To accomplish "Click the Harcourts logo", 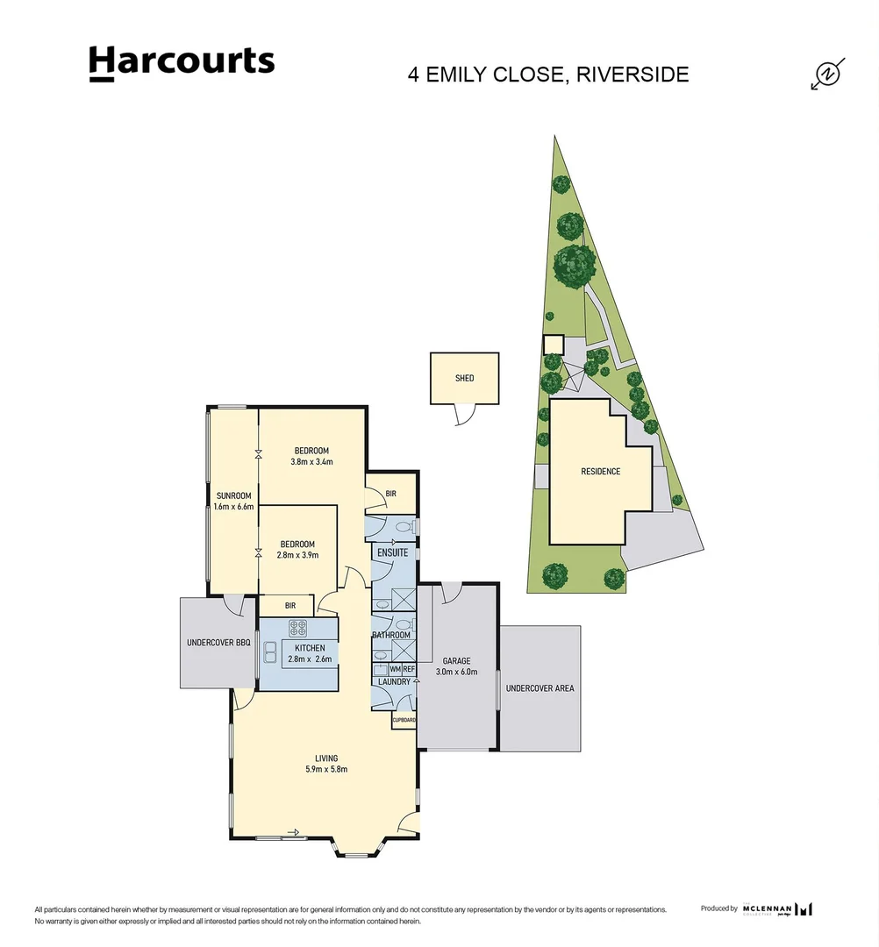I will [x=182, y=63].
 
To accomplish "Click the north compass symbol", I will [x=826, y=75].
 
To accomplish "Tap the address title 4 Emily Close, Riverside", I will [x=548, y=74].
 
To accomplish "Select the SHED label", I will [x=464, y=378].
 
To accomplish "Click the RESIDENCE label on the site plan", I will [x=600, y=472].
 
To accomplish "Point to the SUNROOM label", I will [x=233, y=496].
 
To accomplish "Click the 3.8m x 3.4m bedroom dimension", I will [x=311, y=462].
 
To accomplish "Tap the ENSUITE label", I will [x=392, y=554].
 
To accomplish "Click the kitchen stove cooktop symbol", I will [x=298, y=628].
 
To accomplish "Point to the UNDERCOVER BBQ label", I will [x=218, y=643].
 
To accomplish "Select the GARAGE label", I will [x=456, y=661].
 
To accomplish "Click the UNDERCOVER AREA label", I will [x=540, y=688].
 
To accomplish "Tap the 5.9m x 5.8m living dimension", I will [x=326, y=770].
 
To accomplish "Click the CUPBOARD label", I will [x=404, y=720].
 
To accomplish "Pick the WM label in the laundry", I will [x=394, y=668].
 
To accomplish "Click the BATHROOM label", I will [x=390, y=635].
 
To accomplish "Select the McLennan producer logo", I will [x=777, y=909].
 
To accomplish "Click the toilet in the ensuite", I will [x=404, y=527].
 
